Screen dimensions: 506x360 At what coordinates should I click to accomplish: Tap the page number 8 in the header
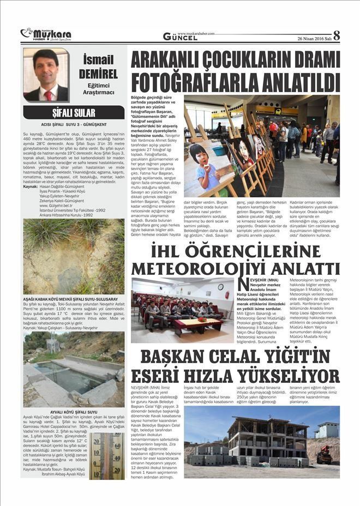pos(337,35)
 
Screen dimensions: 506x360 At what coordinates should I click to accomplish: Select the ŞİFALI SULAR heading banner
pos(74,113)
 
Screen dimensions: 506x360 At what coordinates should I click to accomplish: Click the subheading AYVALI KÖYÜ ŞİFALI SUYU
pos(73,412)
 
